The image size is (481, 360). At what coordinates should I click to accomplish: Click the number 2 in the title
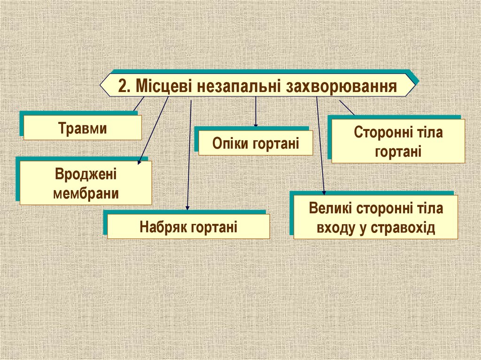124,86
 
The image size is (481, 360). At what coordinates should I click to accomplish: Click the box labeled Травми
83,128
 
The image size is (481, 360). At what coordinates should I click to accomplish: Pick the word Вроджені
85,176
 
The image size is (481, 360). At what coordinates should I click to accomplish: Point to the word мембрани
85,193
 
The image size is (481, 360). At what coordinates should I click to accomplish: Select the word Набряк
163,227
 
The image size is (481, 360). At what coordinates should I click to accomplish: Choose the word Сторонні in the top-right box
378,132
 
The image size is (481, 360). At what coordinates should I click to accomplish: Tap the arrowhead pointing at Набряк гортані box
188,208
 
